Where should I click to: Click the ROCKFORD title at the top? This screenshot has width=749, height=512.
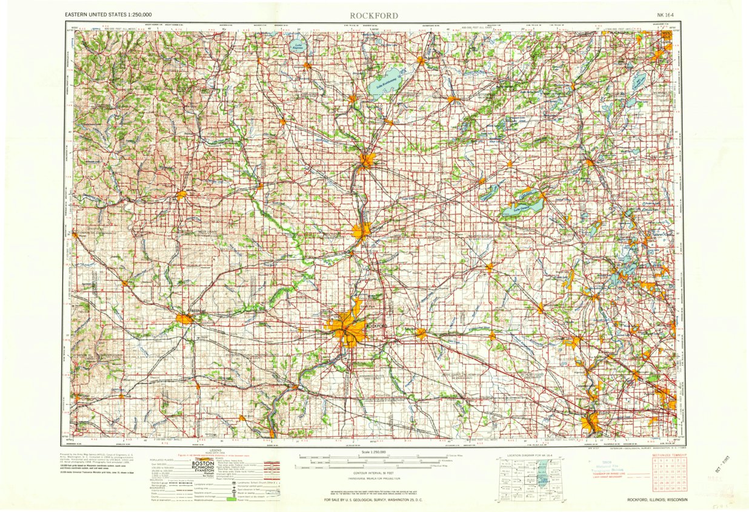[x=374, y=15]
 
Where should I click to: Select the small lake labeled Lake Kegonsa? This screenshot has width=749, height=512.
[x=298, y=45]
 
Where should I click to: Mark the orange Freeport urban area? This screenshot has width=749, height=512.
[x=184, y=318]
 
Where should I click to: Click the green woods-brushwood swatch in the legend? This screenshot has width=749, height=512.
[x=230, y=500]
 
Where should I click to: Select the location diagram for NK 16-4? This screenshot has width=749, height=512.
[x=531, y=478]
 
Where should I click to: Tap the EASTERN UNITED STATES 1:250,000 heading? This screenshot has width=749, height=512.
[x=108, y=14]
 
